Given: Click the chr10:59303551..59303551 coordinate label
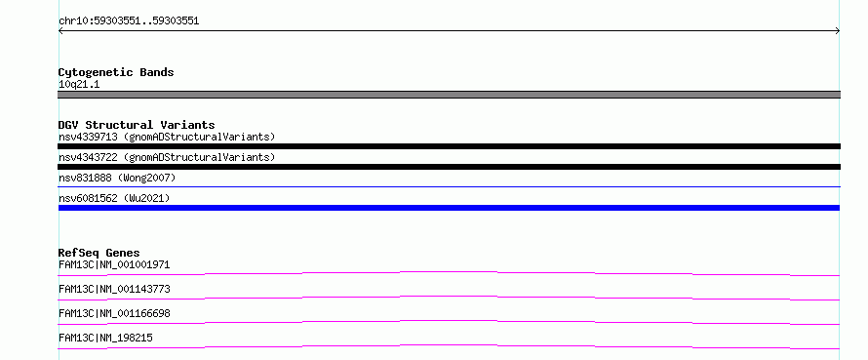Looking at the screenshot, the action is [129, 21].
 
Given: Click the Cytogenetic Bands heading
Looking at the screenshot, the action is [116, 72].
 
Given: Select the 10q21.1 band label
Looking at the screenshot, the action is [79, 84].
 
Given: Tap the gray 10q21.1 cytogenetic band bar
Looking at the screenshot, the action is [449, 95].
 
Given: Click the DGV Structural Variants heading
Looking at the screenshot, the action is [137, 125].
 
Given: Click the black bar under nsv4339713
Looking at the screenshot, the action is [449, 146].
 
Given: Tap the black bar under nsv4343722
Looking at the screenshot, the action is [449, 167].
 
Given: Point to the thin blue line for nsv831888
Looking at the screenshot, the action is [449, 187].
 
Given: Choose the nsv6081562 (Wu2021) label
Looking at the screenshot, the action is [114, 198].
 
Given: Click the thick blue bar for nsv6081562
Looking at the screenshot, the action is [449, 208].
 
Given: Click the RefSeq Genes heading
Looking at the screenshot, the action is [99, 253].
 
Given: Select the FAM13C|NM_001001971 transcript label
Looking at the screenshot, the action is [114, 264].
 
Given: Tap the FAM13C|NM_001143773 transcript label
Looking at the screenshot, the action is [114, 289].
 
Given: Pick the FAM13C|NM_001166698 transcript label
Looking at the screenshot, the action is [114, 313].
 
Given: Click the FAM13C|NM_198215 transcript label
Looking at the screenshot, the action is [105, 338].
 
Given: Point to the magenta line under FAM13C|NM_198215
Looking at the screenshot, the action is [449, 346].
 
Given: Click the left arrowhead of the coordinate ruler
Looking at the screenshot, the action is [59, 31].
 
